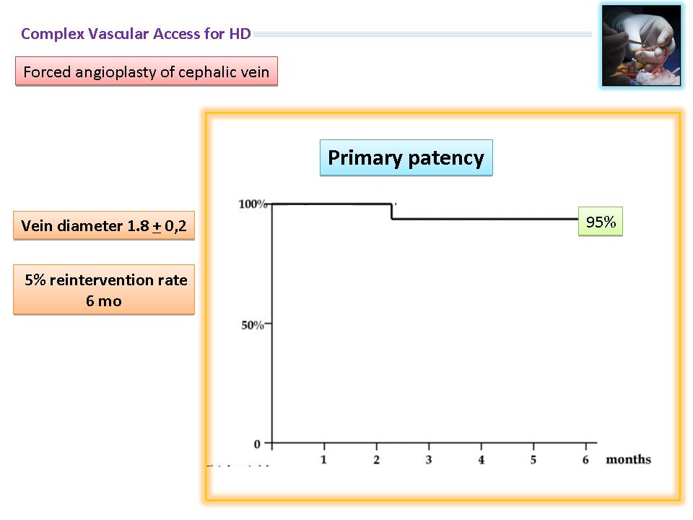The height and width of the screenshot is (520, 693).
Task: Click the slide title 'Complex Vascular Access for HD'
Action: [x=136, y=34]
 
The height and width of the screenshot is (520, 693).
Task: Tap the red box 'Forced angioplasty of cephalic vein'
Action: [x=147, y=71]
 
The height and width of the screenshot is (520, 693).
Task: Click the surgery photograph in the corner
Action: [x=641, y=45]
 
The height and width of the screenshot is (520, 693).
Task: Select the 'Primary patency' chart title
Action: [x=406, y=158]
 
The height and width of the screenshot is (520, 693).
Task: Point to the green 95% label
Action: [x=601, y=222]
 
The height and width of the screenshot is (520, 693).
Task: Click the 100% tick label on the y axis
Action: [x=253, y=204]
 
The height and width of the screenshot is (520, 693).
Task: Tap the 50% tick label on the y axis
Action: [x=253, y=326]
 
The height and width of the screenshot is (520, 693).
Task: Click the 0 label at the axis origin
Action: [x=257, y=444]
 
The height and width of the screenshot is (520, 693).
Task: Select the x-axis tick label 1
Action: [x=323, y=460]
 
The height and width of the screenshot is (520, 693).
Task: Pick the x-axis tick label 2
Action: [x=376, y=460]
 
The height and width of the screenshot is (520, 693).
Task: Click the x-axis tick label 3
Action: [x=429, y=460]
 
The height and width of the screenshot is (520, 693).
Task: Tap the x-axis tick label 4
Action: [x=481, y=460]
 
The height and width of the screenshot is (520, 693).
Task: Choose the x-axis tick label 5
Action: [x=533, y=460]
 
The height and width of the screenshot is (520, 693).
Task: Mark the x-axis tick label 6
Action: [x=585, y=460]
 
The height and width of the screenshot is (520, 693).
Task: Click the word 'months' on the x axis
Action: [x=629, y=459]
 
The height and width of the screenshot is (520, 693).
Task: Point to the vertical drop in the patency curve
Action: [x=391, y=212]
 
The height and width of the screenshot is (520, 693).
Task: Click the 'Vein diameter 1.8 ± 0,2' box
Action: [x=104, y=225]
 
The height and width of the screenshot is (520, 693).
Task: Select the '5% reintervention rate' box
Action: [x=104, y=290]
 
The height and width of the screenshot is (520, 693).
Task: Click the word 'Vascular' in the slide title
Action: [x=118, y=34]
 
